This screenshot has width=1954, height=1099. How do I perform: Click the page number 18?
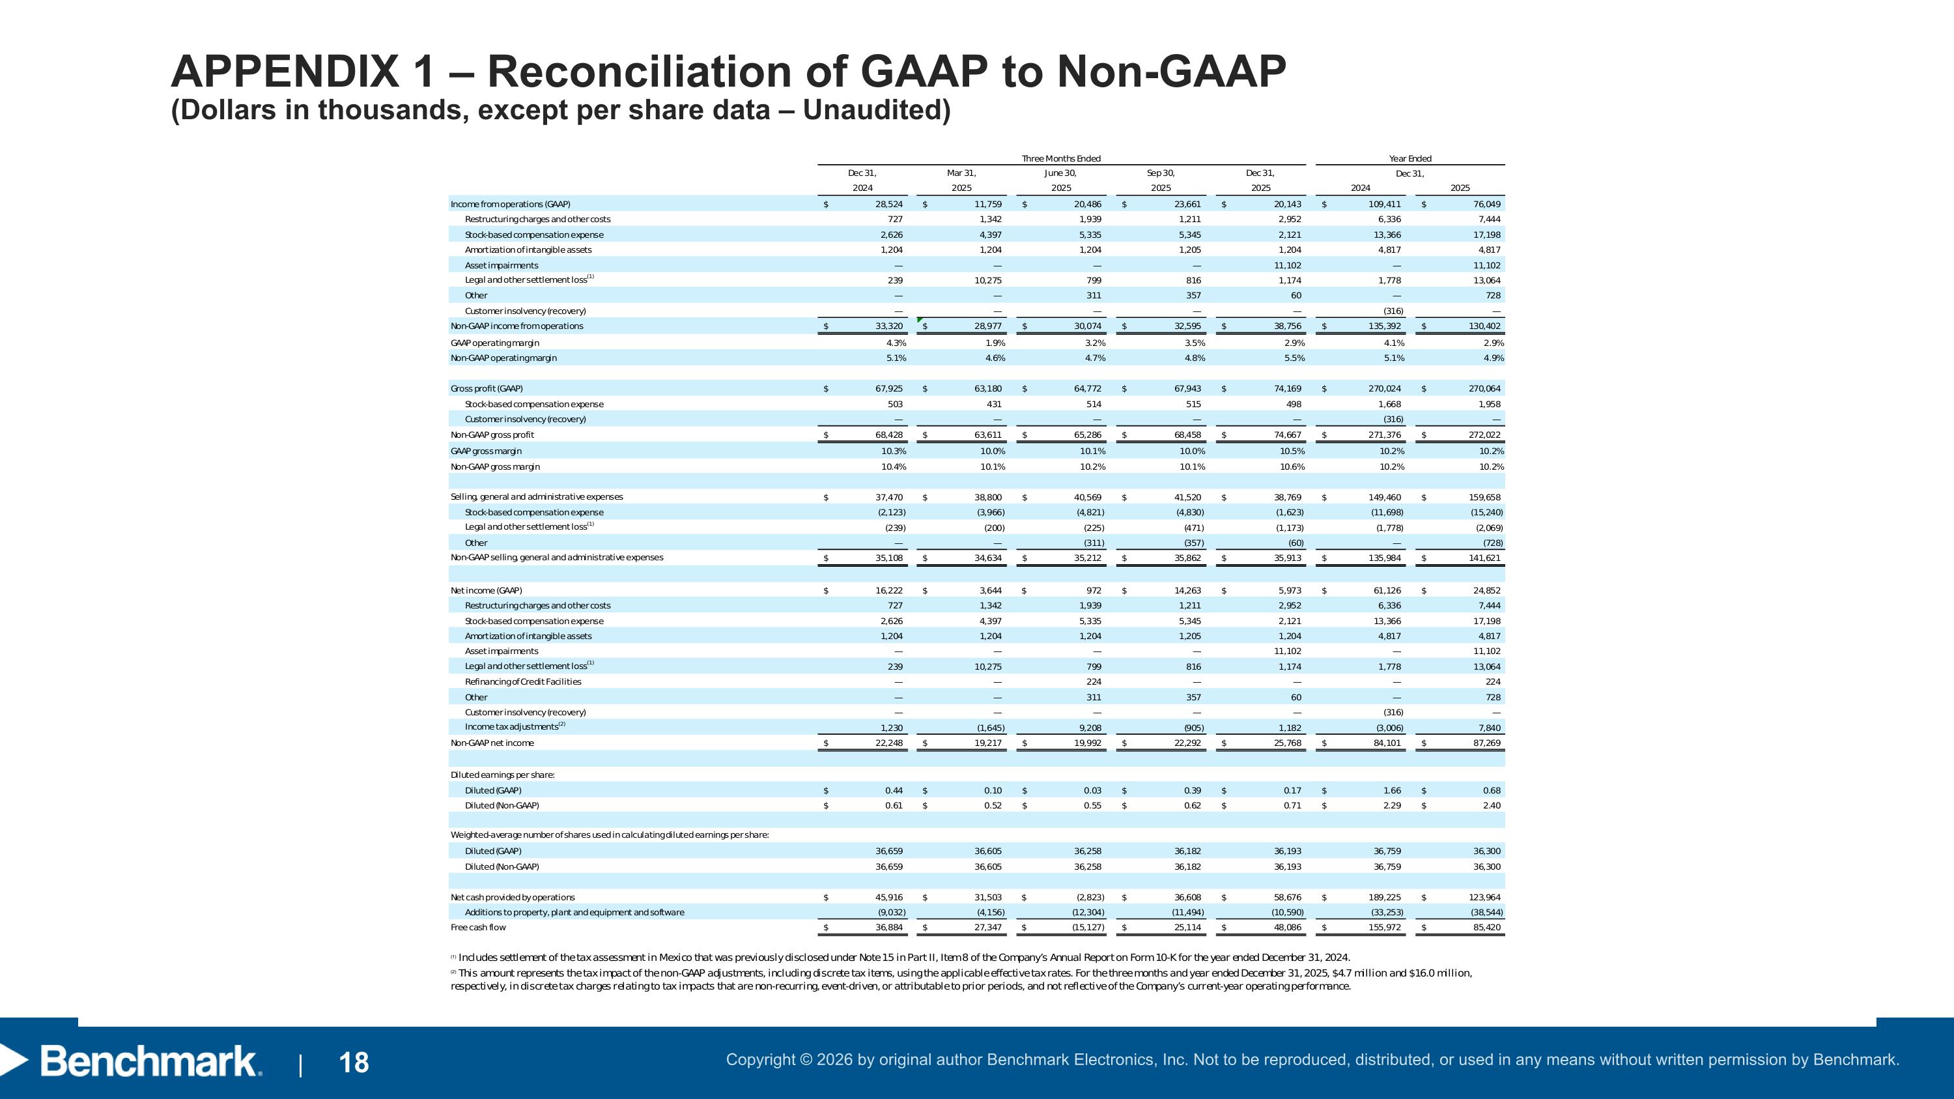pyautogui.click(x=354, y=1063)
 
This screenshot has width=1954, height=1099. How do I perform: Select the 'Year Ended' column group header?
pyautogui.click(x=1409, y=158)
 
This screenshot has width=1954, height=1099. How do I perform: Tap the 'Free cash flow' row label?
pyautogui.click(x=478, y=928)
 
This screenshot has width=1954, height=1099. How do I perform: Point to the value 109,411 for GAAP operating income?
pyautogui.click(x=1385, y=204)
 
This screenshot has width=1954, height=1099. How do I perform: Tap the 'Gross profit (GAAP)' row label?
pyautogui.click(x=487, y=388)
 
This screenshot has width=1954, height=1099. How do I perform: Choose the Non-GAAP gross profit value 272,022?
pyautogui.click(x=1484, y=435)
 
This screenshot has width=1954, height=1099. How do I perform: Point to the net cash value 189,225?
pyautogui.click(x=1385, y=897)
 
